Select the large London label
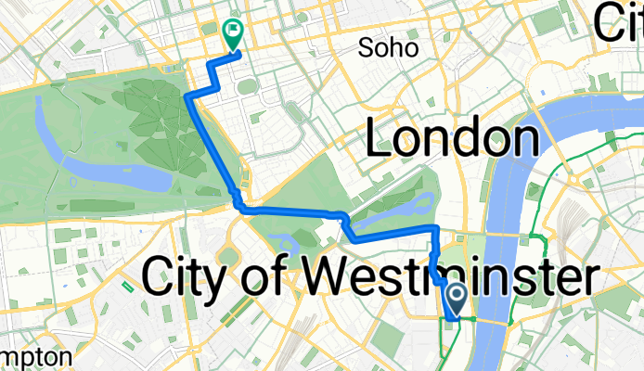(453, 140)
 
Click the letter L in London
(381, 140)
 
